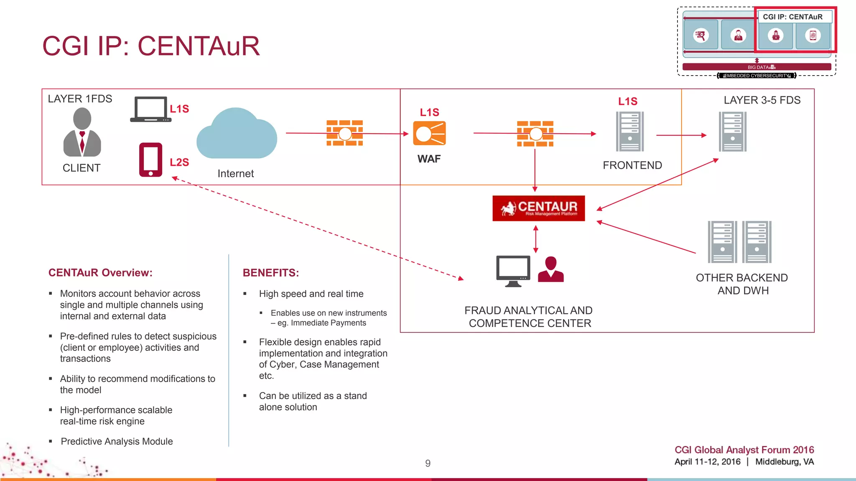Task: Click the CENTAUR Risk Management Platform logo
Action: click(x=538, y=208)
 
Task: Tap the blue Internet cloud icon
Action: click(x=237, y=134)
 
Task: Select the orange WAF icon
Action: click(x=429, y=134)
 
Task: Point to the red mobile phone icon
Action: click(x=150, y=160)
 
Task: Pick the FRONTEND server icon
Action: click(x=630, y=132)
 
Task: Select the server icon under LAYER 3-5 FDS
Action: click(x=733, y=132)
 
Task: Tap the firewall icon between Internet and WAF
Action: click(x=345, y=133)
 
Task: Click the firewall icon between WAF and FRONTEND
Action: click(x=535, y=134)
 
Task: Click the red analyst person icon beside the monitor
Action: click(x=551, y=270)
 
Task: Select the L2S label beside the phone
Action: click(x=179, y=162)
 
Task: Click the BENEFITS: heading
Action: click(x=271, y=273)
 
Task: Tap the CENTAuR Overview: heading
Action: click(x=100, y=273)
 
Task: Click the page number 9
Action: click(x=428, y=463)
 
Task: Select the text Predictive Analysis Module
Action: click(x=117, y=442)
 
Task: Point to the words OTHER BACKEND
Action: click(x=741, y=278)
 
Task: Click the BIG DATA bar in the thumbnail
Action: click(x=757, y=67)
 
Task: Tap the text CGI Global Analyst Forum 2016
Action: click(x=744, y=450)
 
